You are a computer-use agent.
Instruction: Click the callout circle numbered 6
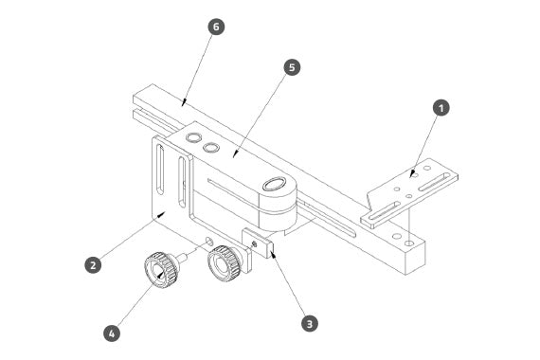(216, 27)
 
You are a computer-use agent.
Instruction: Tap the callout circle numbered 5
(292, 67)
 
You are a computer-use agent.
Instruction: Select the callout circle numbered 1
(441, 108)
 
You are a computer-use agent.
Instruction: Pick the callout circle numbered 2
(93, 265)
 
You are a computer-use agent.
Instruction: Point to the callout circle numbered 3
(309, 324)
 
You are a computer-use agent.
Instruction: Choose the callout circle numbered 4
(112, 333)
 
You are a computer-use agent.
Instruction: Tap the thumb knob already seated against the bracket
(224, 263)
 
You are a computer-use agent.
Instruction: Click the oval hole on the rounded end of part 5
(275, 184)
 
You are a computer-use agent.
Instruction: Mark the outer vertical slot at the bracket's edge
(160, 170)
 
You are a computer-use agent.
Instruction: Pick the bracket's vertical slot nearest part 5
(182, 183)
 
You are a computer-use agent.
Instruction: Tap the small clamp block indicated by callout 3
(258, 243)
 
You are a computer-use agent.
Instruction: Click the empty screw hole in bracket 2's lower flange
(208, 240)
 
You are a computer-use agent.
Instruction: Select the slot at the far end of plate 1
(434, 182)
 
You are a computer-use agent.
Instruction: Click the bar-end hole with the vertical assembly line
(409, 243)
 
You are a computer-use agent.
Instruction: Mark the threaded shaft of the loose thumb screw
(182, 258)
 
